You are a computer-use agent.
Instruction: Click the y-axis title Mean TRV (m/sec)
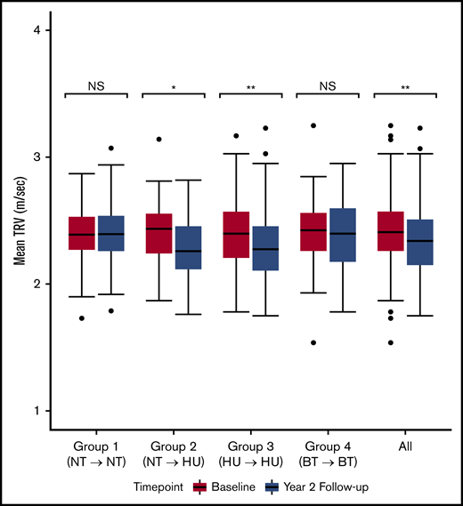pos(19,221)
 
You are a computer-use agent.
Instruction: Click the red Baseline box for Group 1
pos(82,233)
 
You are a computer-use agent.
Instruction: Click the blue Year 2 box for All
pos(420,242)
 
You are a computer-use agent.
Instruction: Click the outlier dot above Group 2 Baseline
pos(158,140)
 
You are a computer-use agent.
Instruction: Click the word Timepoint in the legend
pos(159,487)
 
